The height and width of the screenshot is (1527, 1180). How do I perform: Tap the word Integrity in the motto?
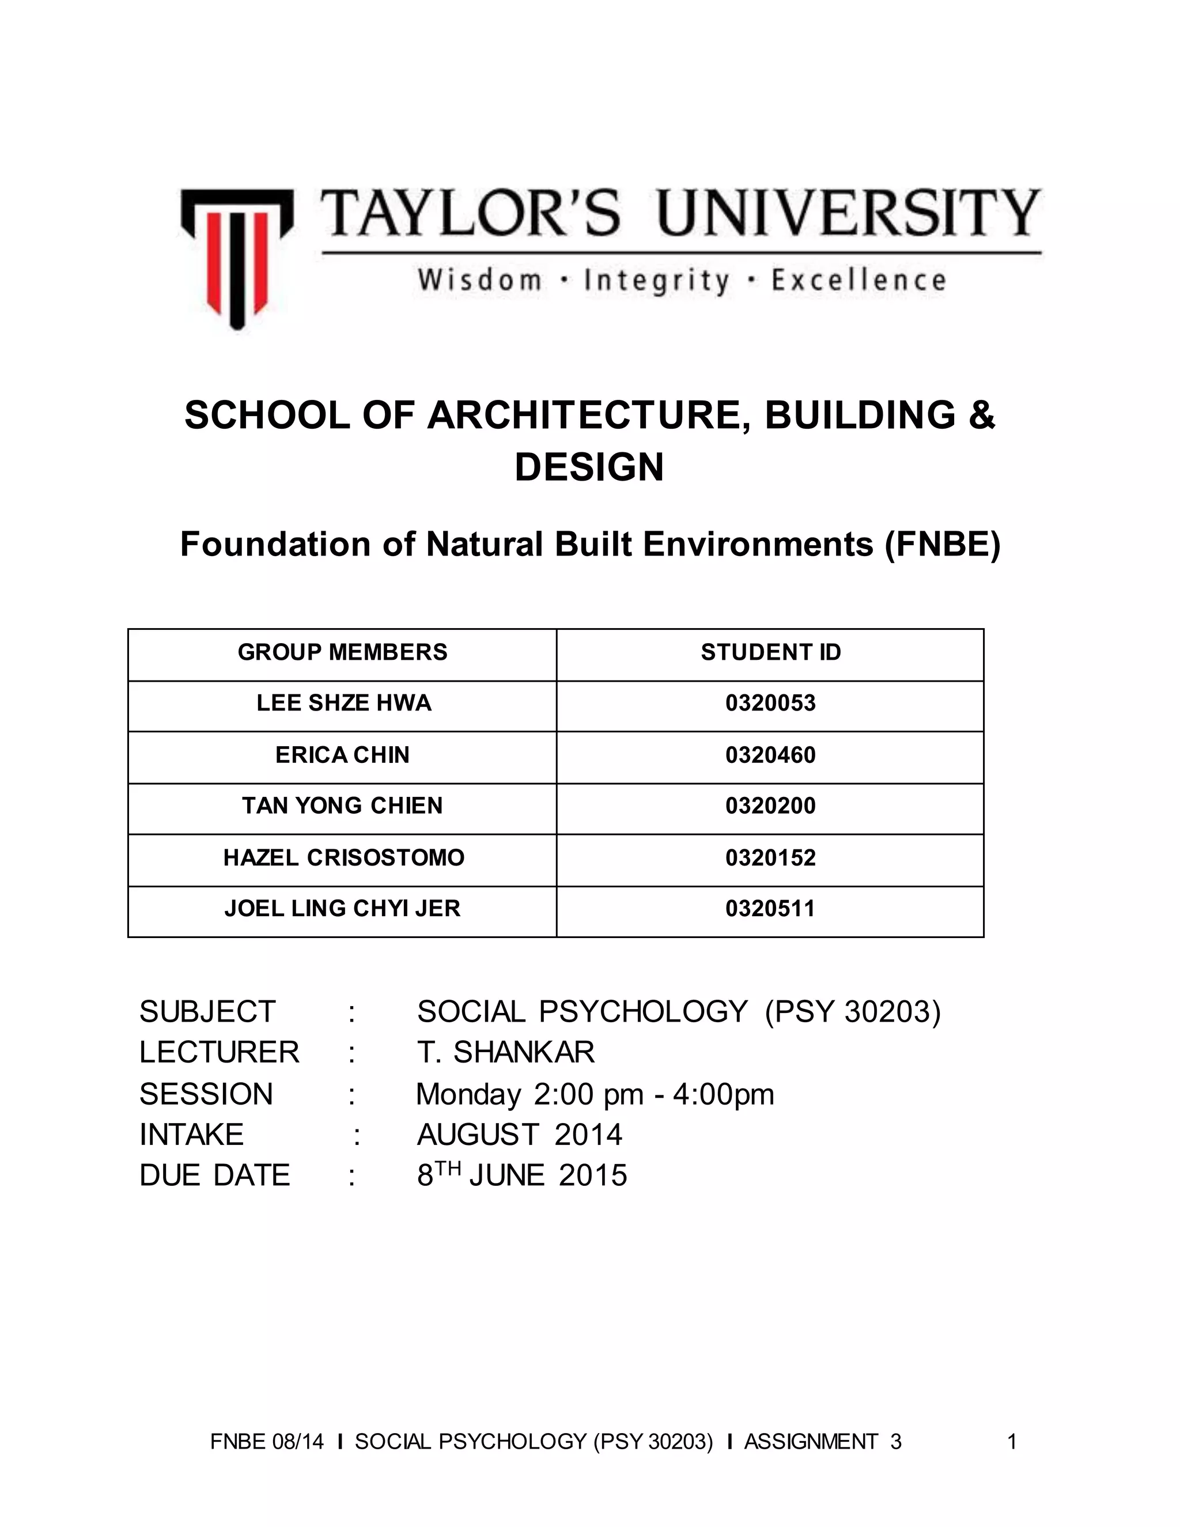[x=656, y=281]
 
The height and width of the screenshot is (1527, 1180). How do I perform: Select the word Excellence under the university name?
[x=858, y=281]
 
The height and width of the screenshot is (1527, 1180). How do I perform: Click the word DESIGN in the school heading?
[x=589, y=467]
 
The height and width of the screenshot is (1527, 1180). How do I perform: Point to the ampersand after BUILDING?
[x=982, y=415]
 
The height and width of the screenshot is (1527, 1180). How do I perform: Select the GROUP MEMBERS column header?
[x=343, y=652]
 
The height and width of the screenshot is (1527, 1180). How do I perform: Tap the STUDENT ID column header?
[x=770, y=652]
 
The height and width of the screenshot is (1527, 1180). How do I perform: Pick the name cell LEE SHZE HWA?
[x=343, y=702]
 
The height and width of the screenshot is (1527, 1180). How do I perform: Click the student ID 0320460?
[x=770, y=755]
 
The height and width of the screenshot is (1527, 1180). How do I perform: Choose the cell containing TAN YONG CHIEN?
[x=343, y=806]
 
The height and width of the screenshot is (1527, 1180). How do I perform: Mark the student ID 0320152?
[x=770, y=857]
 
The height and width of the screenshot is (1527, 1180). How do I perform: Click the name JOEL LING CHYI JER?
[x=343, y=908]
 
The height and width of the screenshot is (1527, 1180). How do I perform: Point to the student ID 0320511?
[x=770, y=908]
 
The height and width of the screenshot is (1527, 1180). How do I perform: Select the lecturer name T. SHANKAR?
[x=505, y=1052]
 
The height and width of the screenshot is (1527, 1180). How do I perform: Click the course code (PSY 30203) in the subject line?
[x=853, y=1012]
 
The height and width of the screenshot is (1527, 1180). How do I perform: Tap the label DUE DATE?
[x=214, y=1176]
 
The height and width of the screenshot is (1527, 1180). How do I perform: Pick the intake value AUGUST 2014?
[x=519, y=1134]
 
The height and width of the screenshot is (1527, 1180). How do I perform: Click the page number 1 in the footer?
[x=1012, y=1442]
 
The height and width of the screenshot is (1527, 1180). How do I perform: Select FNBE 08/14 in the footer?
[x=267, y=1442]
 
